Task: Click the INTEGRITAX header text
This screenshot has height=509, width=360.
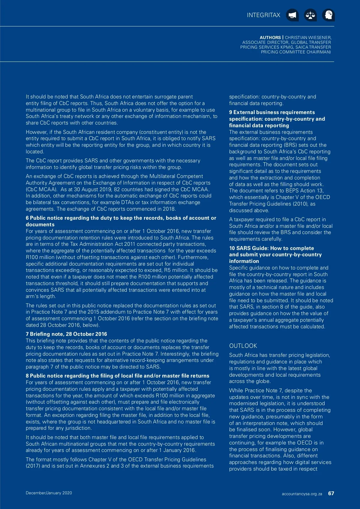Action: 263,15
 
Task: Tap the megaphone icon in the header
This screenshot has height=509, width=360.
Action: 292,15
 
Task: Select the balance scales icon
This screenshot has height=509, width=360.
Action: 310,15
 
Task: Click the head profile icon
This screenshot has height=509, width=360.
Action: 328,15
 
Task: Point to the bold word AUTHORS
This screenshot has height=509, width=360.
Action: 270,38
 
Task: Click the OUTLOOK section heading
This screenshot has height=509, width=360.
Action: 243,346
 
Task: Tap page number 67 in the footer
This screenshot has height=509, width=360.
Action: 331,493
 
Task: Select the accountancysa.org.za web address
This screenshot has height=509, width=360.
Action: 302,494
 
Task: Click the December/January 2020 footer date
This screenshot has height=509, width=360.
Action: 49,493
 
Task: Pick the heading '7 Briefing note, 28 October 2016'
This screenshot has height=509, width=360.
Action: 66,334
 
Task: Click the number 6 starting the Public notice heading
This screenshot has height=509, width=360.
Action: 27,218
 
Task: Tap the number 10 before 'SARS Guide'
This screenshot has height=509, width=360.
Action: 232,248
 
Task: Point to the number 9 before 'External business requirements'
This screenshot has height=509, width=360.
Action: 231,112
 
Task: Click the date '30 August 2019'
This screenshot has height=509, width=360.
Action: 91,189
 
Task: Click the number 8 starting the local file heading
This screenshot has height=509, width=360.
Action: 27,376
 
